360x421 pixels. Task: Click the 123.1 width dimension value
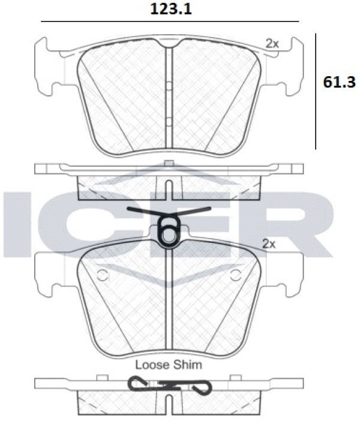click(x=170, y=9)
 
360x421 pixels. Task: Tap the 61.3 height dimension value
click(x=339, y=82)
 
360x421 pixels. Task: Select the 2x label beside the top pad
click(x=272, y=44)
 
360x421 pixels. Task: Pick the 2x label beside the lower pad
click(x=269, y=244)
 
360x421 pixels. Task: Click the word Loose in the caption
click(x=152, y=365)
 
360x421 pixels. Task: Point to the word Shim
click(x=188, y=365)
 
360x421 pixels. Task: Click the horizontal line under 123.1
click(x=170, y=21)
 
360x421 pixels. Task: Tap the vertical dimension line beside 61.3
click(x=316, y=91)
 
